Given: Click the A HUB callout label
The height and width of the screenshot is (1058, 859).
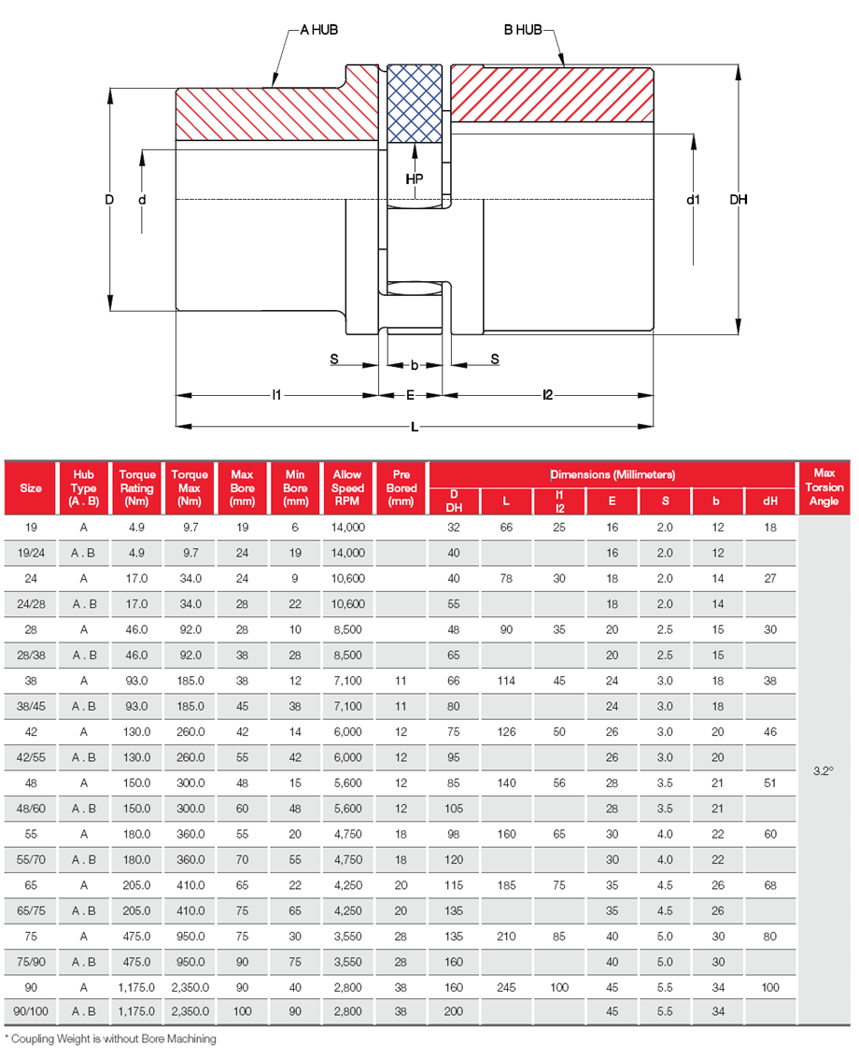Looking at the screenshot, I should (317, 30).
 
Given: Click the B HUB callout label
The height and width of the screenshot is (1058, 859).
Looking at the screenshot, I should (523, 30).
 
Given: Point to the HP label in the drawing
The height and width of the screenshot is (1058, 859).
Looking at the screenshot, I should (414, 177).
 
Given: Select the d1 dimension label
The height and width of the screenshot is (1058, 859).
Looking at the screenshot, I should (693, 199).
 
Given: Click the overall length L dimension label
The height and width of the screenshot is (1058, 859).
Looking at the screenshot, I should (415, 427).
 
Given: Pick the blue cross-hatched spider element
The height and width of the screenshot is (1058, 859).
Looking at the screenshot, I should (414, 104).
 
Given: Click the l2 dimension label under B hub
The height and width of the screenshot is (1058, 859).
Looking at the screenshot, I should (547, 395).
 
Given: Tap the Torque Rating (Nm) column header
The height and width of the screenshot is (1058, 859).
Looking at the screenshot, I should (137, 487).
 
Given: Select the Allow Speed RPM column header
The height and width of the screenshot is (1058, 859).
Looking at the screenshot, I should (347, 487).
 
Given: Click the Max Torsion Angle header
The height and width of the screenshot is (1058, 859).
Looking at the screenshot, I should (824, 487).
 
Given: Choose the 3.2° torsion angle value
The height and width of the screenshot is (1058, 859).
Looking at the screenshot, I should (823, 771).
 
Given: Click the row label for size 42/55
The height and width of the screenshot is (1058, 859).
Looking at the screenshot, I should (31, 757).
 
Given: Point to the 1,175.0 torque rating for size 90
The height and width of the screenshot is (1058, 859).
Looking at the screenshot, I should (137, 986).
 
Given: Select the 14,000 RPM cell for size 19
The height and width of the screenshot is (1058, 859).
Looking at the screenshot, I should (347, 528).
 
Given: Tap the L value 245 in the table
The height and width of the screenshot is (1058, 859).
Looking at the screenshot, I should (506, 986).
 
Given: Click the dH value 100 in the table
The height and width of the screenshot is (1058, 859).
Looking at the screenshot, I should (769, 986).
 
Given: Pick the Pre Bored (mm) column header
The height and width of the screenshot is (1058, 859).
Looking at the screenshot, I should (401, 487).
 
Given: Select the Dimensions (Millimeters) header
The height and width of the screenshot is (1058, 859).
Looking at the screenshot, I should (612, 474).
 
